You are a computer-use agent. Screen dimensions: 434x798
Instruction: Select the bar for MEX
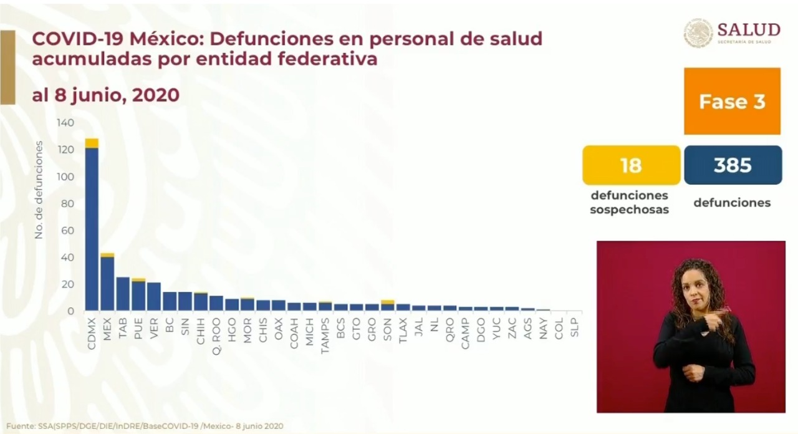click(x=107, y=284)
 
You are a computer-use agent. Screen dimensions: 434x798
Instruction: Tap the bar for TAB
click(x=123, y=294)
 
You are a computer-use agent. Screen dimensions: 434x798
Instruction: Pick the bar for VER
click(x=154, y=297)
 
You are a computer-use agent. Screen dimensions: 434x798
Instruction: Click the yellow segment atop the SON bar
click(x=387, y=302)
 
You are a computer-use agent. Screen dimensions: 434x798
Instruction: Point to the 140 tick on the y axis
click(x=65, y=123)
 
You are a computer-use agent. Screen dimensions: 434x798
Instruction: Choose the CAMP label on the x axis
click(x=465, y=327)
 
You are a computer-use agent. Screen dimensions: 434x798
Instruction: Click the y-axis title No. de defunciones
click(x=39, y=190)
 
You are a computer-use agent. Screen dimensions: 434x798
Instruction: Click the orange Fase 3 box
click(x=732, y=102)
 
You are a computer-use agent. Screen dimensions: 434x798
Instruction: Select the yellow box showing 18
click(x=631, y=165)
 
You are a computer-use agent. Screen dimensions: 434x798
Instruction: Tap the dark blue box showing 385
click(x=733, y=165)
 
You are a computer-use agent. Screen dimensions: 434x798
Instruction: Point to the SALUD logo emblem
click(x=698, y=33)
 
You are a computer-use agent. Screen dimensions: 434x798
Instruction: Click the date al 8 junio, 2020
click(x=105, y=95)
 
